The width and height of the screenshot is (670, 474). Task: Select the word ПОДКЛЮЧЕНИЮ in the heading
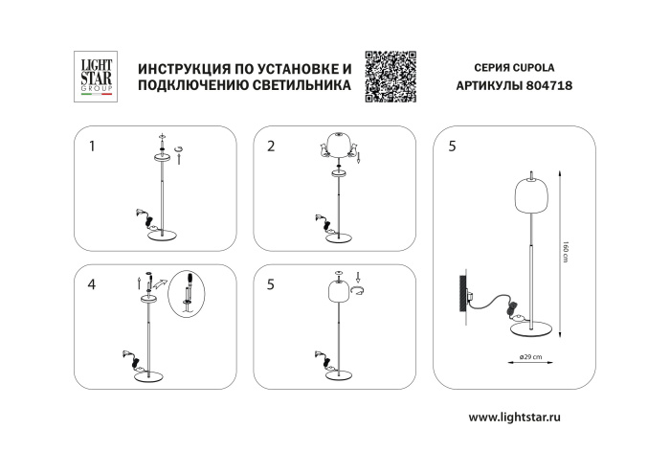189,86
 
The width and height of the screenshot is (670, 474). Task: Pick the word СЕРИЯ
492,68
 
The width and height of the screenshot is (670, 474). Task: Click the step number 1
92,147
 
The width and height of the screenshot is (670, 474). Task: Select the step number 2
272,147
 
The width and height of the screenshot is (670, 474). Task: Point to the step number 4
92,284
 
